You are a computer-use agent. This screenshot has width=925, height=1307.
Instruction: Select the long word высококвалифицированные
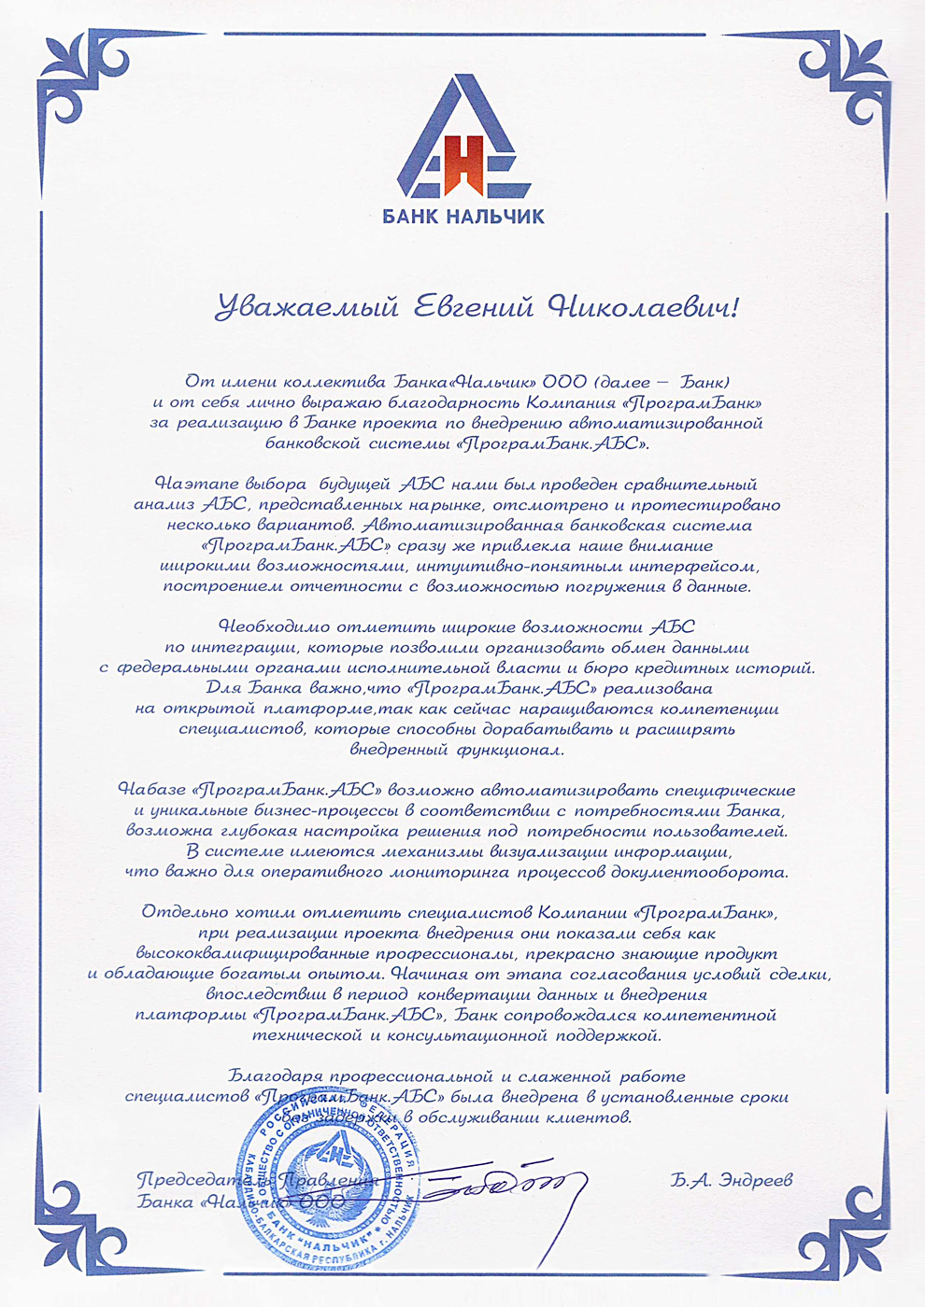point(255,954)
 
